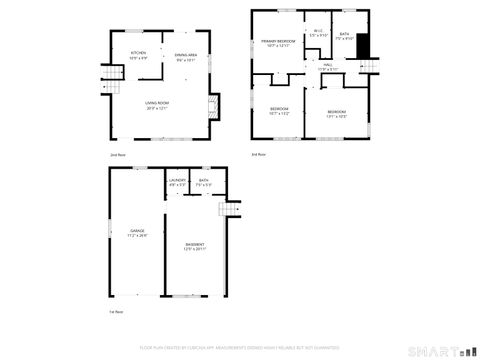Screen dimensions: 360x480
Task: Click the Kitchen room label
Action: click(138, 55)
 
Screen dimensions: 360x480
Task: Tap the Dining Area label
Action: click(186, 57)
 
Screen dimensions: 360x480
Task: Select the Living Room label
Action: click(157, 105)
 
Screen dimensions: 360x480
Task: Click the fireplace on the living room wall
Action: click(212, 105)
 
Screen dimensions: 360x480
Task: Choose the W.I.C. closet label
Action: click(318, 33)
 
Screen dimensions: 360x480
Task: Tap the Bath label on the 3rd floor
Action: click(344, 36)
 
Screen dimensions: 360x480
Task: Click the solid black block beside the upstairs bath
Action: click(363, 46)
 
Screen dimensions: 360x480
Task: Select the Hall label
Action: click(327, 67)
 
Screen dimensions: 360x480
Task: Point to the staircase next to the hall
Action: click(373, 67)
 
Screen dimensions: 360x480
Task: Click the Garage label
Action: click(137, 233)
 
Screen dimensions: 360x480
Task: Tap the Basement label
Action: click(194, 246)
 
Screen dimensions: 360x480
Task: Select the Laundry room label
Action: click(177, 182)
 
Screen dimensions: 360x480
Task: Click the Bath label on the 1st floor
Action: click(203, 182)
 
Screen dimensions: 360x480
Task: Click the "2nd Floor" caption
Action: click(118, 155)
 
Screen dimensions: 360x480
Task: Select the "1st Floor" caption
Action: click(116, 313)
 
